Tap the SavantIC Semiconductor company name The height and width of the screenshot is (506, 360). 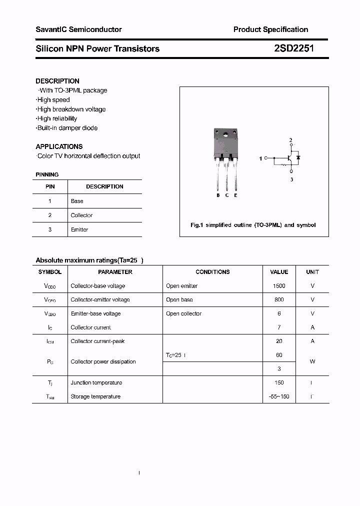click(78, 29)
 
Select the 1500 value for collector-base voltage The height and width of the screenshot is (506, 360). click(279, 286)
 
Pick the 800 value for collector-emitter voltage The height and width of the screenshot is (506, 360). click(279, 300)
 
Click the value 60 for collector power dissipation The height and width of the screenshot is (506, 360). click(279, 355)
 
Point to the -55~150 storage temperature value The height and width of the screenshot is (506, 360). click(279, 396)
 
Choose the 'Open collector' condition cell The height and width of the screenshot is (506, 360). click(183, 314)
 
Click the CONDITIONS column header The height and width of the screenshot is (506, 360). click(212, 272)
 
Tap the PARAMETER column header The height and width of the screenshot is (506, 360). click(115, 272)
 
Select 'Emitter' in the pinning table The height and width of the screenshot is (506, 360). click(79, 229)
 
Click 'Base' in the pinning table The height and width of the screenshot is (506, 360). click(77, 201)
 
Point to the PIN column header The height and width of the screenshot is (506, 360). click(50, 186)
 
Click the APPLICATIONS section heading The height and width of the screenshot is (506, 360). click(59, 146)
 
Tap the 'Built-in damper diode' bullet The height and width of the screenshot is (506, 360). click(67, 128)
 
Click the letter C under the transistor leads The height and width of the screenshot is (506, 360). click(227, 195)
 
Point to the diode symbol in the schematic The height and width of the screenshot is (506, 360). click(298, 157)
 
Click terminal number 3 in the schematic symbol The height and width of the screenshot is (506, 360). click(291, 179)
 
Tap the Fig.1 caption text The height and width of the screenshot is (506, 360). click(253, 225)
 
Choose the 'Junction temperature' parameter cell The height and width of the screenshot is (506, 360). click(96, 382)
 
